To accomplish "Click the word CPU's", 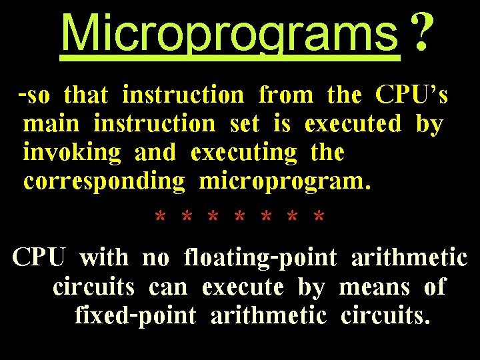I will coord(411,96).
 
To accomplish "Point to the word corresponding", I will coord(103,181).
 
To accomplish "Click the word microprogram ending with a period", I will coord(285,181).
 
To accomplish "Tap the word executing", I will coord(243,153).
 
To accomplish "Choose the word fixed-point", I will coord(135,315).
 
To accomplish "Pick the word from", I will coord(285,96).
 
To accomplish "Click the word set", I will coord(243,124).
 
